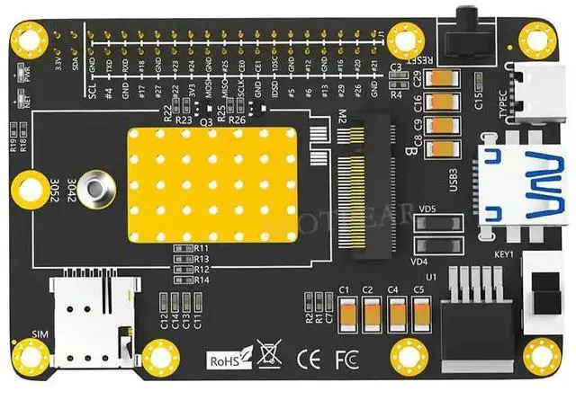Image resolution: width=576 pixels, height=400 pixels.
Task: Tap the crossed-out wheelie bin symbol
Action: click(x=266, y=354)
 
